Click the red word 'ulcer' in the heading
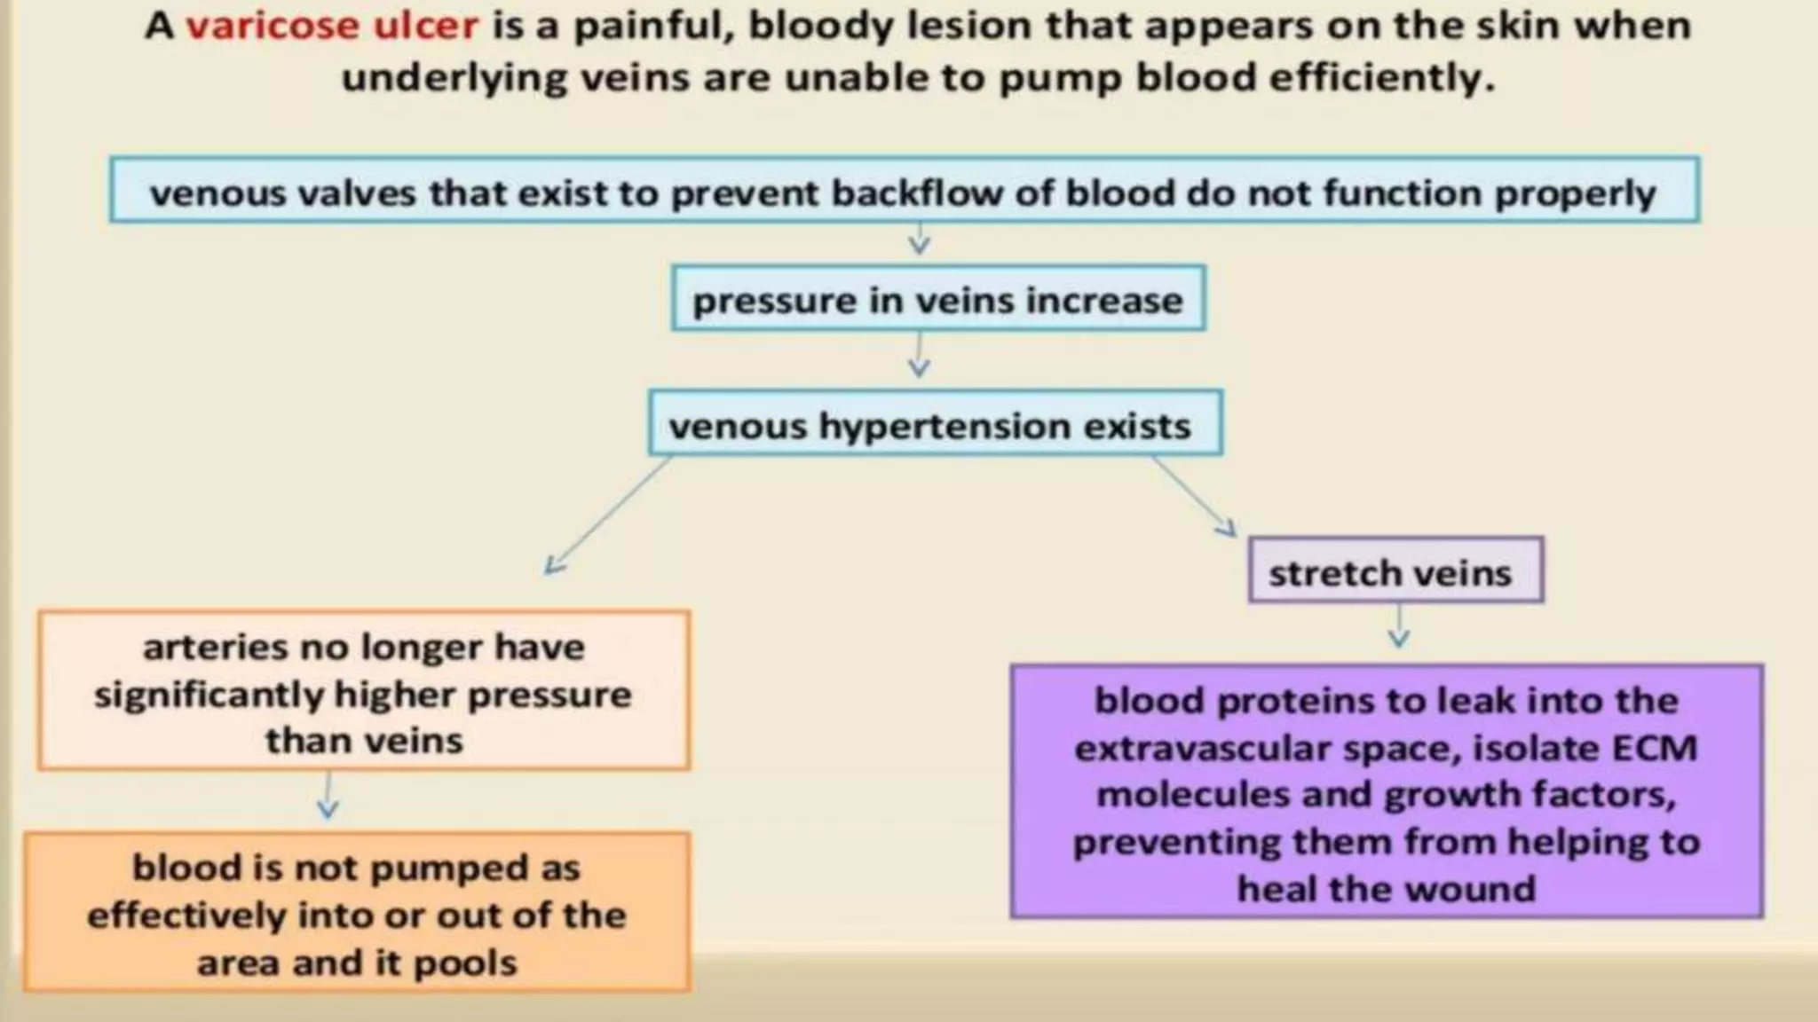[426, 27]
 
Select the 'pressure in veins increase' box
[937, 300]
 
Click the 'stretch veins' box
[1394, 572]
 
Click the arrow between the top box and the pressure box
[920, 240]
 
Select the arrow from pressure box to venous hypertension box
[920, 357]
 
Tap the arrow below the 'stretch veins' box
[1399, 628]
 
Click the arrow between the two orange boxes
[328, 797]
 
